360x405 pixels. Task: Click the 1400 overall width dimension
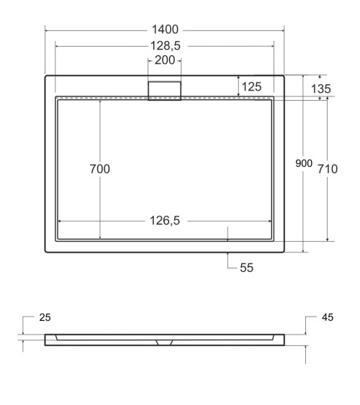(x=164, y=31)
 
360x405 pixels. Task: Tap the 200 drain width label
(x=165, y=60)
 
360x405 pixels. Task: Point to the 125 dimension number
(x=251, y=86)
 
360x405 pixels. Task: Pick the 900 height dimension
(x=304, y=164)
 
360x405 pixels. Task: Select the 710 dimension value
(x=328, y=169)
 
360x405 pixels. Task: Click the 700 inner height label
(x=99, y=169)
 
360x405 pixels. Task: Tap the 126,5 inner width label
(x=164, y=221)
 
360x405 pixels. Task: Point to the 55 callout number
(x=246, y=268)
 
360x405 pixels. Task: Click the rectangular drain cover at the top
(x=165, y=89)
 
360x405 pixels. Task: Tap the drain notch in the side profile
(x=164, y=342)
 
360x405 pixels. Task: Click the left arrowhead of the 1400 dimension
(x=48, y=31)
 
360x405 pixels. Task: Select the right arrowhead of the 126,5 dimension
(x=270, y=221)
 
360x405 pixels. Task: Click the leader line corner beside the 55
(x=228, y=268)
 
